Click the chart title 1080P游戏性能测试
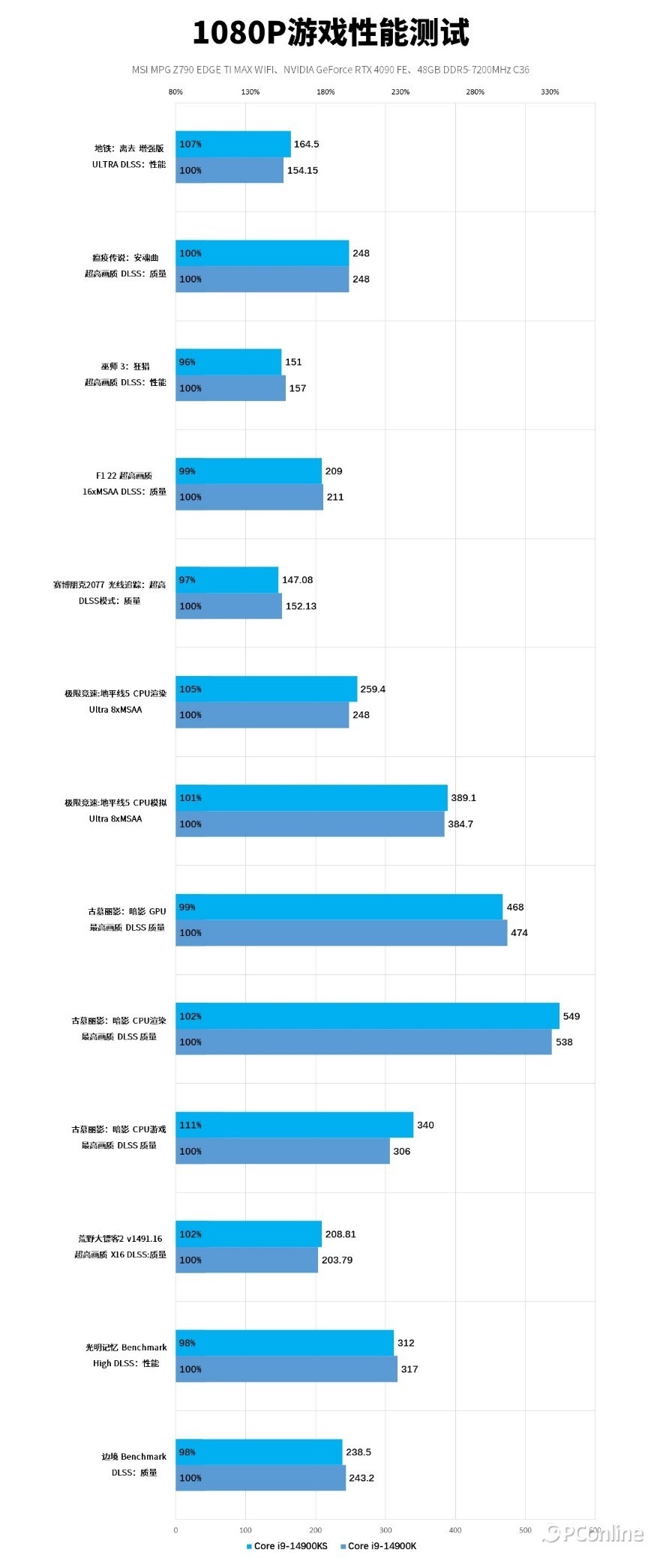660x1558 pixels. point(330,33)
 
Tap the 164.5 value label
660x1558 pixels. point(306,144)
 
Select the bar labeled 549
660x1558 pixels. point(367,1015)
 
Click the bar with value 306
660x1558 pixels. point(283,1151)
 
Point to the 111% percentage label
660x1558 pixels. point(190,1125)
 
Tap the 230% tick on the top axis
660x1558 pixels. point(400,92)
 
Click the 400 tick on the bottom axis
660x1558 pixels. point(455,1530)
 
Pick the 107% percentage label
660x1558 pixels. point(190,144)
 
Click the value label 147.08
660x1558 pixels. point(297,580)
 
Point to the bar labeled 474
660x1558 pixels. point(341,933)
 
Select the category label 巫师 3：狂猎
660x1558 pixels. point(125,366)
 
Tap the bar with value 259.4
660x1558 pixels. point(266,689)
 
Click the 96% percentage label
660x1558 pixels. point(187,362)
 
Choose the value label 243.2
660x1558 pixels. point(361,1478)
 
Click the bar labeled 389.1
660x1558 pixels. point(311,797)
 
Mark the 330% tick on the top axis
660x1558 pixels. point(550,92)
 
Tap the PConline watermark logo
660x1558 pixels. point(592,1533)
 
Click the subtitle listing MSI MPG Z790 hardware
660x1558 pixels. point(330,70)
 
